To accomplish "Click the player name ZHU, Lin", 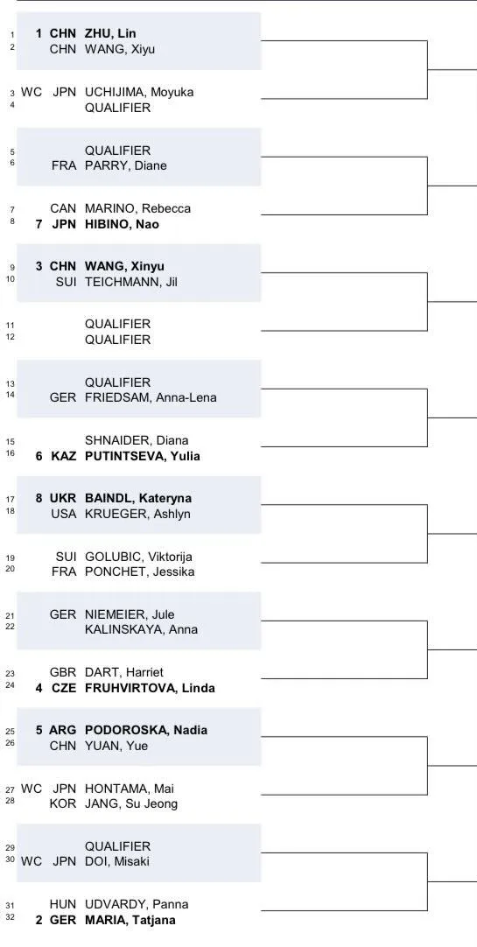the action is [110, 34].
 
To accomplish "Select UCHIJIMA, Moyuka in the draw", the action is [139, 93].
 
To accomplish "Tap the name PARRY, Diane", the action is [125, 165].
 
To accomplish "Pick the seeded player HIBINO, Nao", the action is [122, 224].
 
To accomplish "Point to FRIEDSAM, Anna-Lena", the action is [151, 398].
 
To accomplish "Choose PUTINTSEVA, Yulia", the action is [143, 456].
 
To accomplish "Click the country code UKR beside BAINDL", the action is [63, 498].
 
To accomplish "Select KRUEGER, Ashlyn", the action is [137, 514].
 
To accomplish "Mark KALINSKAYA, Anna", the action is [141, 629].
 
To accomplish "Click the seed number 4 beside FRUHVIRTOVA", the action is [39, 688].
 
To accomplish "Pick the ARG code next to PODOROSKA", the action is [63, 730].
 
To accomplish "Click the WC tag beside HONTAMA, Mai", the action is [32, 789].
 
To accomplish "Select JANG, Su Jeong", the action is [131, 803].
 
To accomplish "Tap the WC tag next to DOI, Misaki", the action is [32, 862].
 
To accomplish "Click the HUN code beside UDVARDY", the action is [63, 904].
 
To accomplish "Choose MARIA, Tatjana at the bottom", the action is [130, 920].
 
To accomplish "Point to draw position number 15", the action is [11, 441].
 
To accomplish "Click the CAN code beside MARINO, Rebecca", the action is [63, 208].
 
